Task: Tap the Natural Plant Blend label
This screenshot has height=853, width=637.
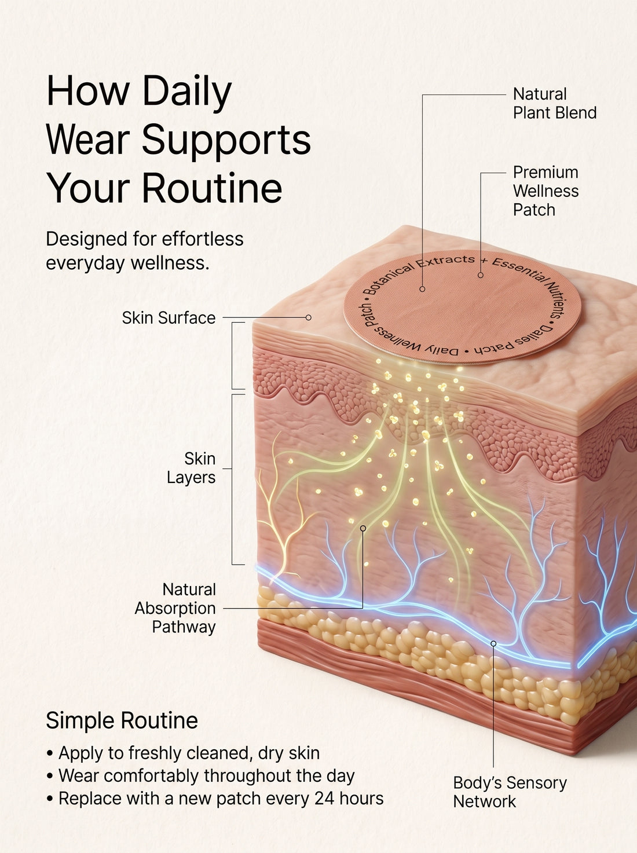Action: tap(555, 104)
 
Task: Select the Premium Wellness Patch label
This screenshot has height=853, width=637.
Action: tap(546, 191)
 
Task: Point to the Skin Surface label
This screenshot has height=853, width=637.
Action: tap(169, 318)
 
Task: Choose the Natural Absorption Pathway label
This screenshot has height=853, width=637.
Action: tap(175, 608)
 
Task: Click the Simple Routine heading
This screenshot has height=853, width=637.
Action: tap(122, 720)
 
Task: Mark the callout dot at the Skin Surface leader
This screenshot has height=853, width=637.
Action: tap(308, 317)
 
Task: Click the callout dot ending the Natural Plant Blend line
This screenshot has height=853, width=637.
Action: tap(422, 289)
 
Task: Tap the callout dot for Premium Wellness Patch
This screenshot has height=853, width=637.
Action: tap(481, 275)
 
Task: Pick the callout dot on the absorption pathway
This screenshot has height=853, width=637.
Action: tap(363, 529)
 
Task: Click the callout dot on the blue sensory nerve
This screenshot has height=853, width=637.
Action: tap(493, 643)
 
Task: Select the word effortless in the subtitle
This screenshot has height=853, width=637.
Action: tap(203, 239)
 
